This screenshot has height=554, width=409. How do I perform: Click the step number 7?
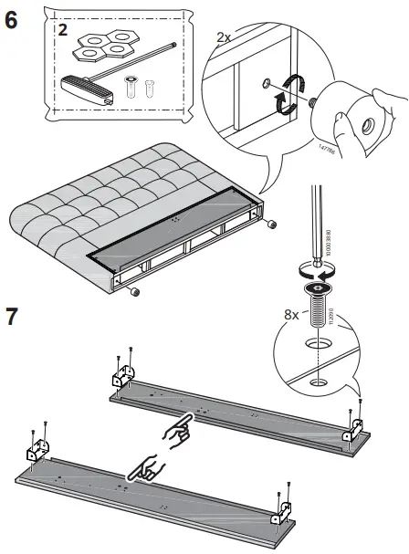pos(12,318)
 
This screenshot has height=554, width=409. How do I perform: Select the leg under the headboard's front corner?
pos(134,291)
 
